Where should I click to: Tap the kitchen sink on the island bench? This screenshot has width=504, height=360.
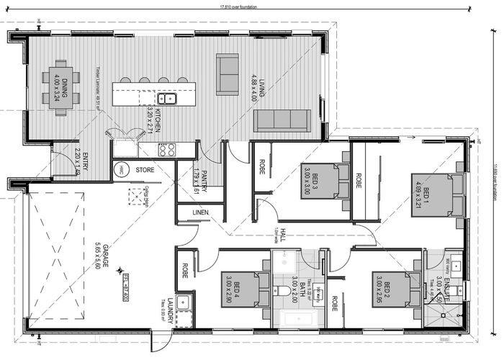point(167,99)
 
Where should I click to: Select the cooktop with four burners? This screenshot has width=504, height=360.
point(168,150)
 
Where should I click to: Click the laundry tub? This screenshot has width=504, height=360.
point(183,302)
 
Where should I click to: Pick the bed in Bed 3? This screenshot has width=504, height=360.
point(320,180)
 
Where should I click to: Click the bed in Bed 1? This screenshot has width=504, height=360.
point(433,194)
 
